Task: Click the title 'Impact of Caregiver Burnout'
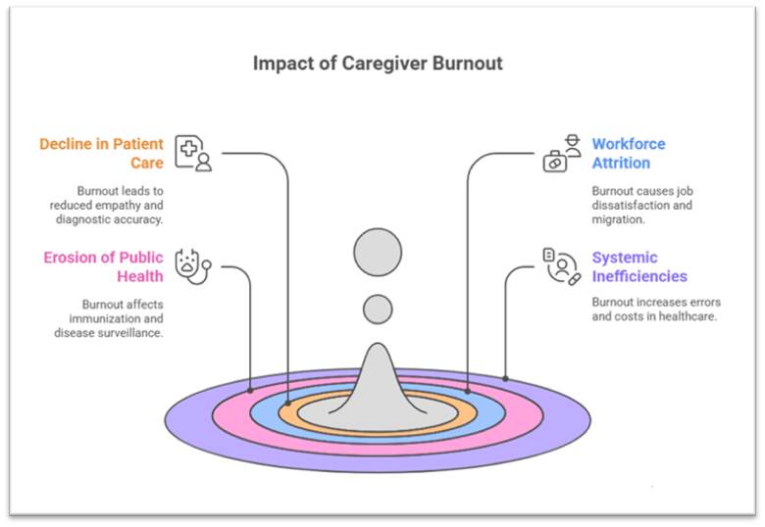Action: (x=378, y=65)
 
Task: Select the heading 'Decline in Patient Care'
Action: (x=102, y=153)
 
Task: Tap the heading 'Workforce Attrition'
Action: (x=628, y=153)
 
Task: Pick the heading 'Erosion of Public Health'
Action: (x=103, y=266)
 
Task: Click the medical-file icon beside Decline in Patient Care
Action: (x=192, y=153)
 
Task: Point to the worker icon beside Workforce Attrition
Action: (x=556, y=154)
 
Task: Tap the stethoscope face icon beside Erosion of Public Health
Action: (x=191, y=264)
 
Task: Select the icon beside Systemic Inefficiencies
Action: (x=559, y=265)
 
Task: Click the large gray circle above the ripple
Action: (x=378, y=252)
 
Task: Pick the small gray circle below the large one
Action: (x=378, y=309)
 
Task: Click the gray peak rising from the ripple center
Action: (x=378, y=377)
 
